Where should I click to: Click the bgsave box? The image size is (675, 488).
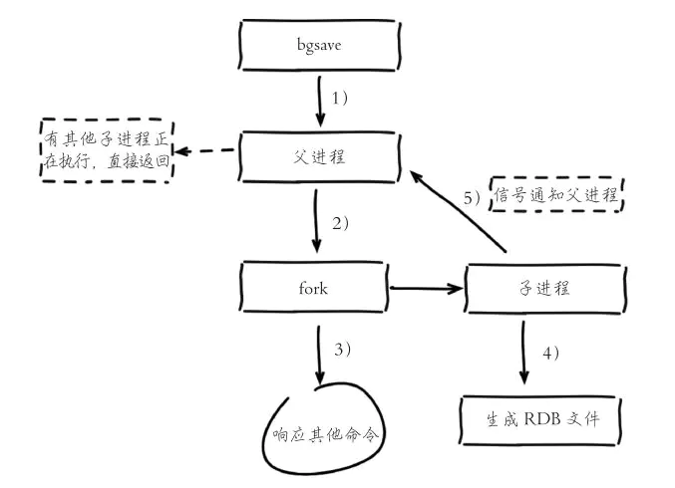coord(321,45)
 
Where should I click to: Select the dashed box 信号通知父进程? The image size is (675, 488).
coord(555,195)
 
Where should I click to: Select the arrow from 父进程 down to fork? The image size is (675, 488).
coord(316,223)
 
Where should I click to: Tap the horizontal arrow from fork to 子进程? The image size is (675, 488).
coord(426,288)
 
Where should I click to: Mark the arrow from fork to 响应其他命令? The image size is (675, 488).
coord(318,353)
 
